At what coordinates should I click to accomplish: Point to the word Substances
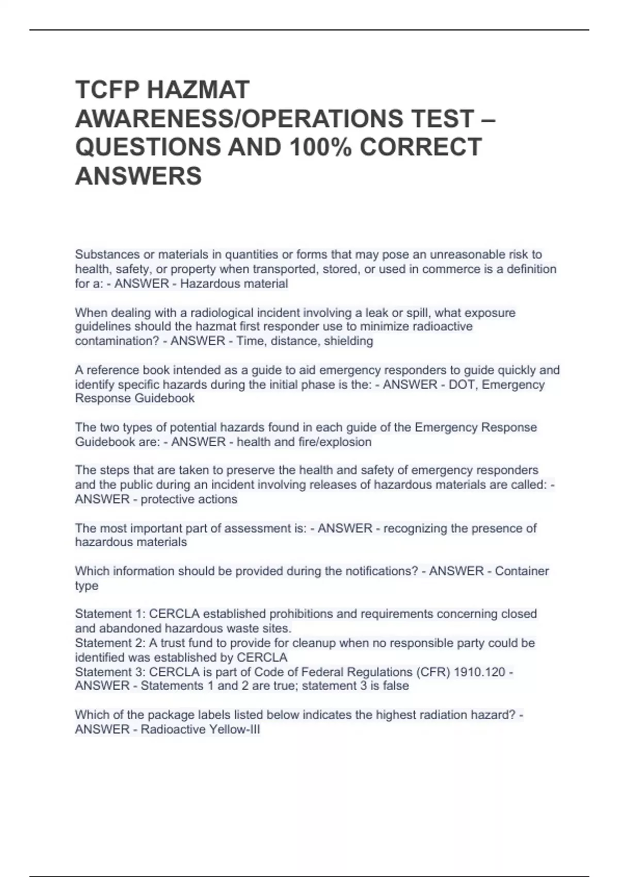[106, 254]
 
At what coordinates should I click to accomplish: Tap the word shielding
[348, 341]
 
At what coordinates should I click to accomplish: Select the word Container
[522, 571]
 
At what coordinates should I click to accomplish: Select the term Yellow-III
[235, 729]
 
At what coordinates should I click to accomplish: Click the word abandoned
[128, 628]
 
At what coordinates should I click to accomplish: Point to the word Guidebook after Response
[165, 398]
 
